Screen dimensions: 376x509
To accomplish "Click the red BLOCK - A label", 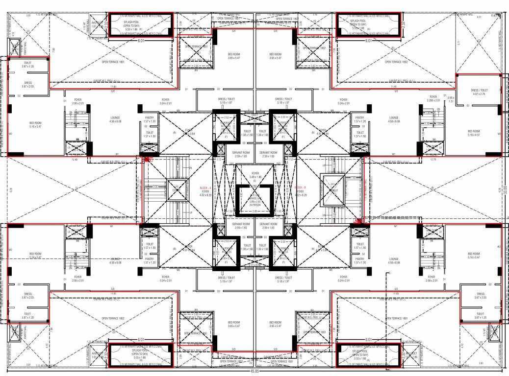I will pos(205,188).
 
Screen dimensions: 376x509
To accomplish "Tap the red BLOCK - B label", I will pos(301,188).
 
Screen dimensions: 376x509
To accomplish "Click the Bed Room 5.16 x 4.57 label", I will pos(473,133).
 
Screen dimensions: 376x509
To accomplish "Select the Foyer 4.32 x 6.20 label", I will pos(205,193).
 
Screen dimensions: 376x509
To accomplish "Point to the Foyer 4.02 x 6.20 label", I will pos(301,193).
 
